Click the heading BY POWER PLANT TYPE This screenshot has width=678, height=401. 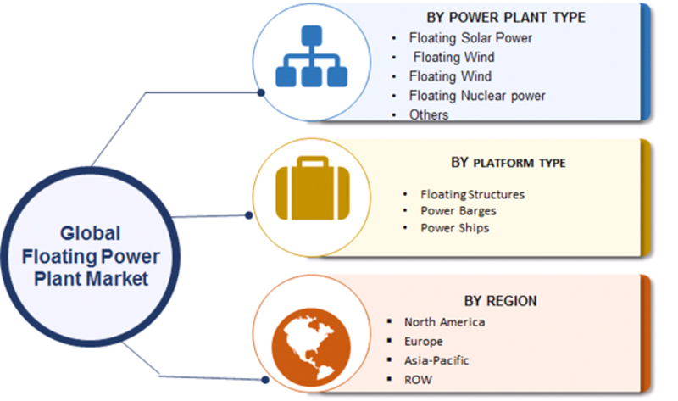(x=506, y=18)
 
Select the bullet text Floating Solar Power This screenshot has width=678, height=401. (x=470, y=38)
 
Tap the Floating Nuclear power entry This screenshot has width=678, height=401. (x=477, y=96)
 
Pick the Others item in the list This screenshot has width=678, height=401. (x=429, y=114)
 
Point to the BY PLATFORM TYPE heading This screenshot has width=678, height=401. (x=508, y=163)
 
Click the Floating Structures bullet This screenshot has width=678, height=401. (x=472, y=195)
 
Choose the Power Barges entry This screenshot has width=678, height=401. (x=458, y=211)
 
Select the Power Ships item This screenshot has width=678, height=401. (x=455, y=228)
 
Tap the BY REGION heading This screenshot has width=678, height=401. (x=500, y=301)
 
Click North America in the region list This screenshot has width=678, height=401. (x=444, y=322)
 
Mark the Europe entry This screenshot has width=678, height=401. (x=423, y=342)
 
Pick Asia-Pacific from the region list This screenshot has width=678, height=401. (x=436, y=360)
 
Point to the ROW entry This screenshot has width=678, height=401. (x=418, y=380)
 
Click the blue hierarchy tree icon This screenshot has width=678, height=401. (x=311, y=56)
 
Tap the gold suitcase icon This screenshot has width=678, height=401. (x=312, y=187)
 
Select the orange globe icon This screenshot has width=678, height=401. (x=311, y=347)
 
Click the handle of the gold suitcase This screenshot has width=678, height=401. (x=312, y=162)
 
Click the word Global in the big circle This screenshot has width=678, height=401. (x=90, y=234)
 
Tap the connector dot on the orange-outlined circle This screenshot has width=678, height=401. (x=265, y=380)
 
